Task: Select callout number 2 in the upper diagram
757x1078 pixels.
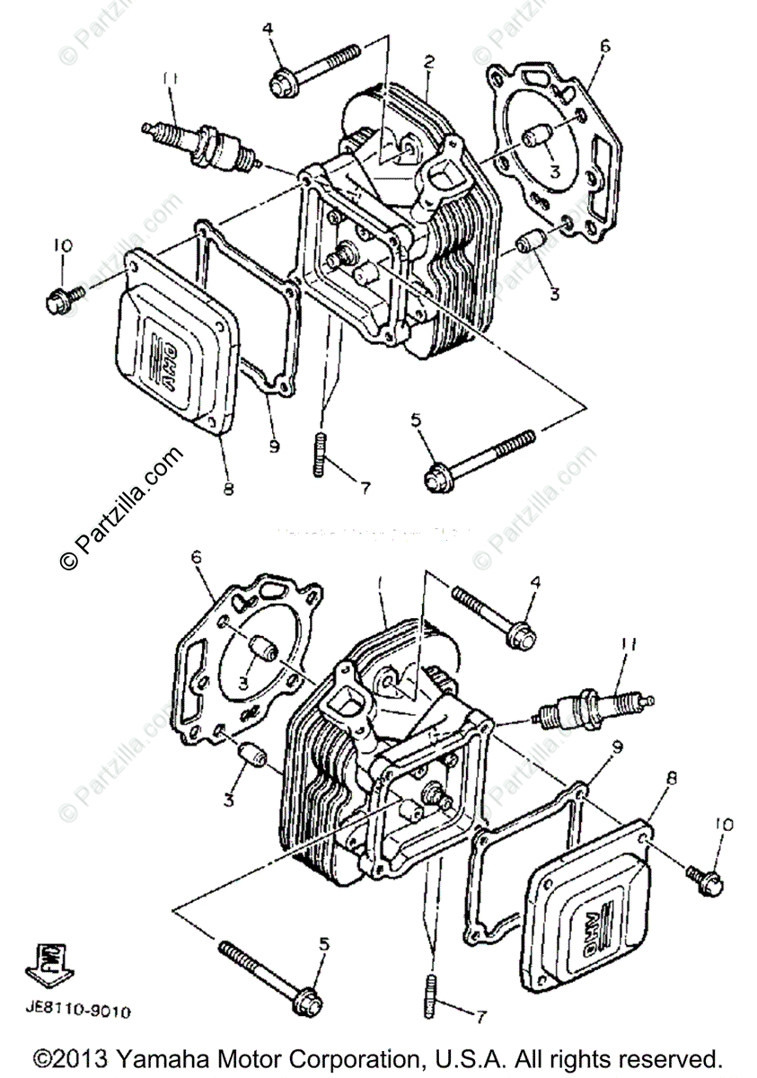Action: (429, 62)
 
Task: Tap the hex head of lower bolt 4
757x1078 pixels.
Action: (521, 634)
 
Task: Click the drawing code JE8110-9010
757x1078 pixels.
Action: (77, 1012)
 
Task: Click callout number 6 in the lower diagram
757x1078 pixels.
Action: (196, 558)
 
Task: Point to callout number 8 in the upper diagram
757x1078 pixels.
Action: (228, 489)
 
